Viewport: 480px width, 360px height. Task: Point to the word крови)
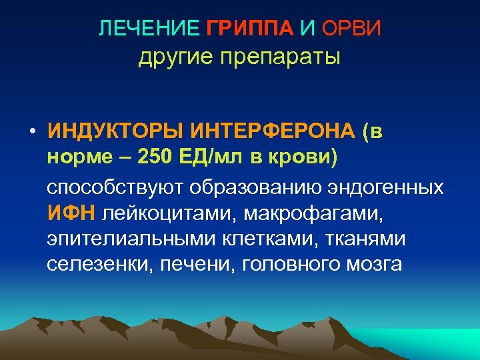(x=301, y=158)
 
